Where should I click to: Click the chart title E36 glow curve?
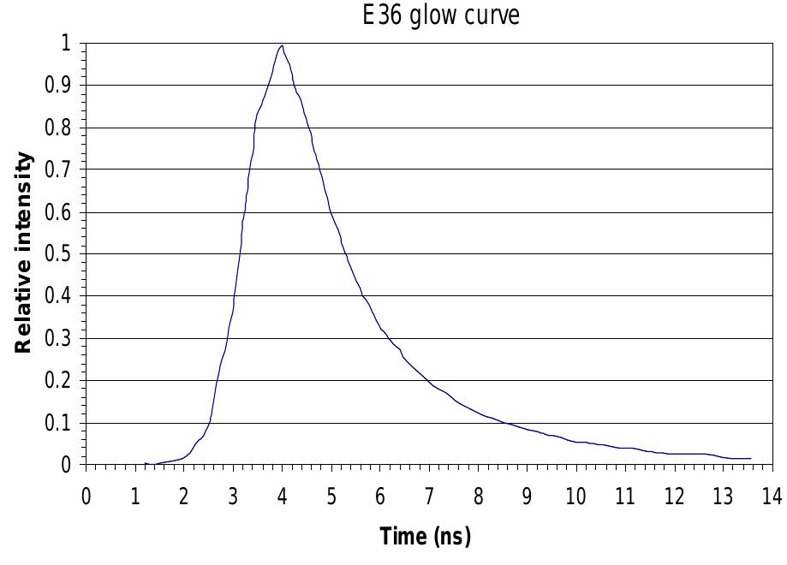pos(441,15)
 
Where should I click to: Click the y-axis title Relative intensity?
pos(25,253)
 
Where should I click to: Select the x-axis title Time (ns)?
pos(425,537)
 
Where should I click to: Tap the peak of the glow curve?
pos(281,45)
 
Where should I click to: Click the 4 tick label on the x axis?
pos(282,497)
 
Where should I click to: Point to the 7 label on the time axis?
pos(428,497)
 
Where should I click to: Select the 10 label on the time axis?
pos(575,497)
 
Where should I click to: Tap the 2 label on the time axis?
pos(184,497)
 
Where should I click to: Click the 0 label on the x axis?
pos(86,497)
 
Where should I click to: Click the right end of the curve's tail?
pos(750,459)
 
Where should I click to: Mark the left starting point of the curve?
pos(146,464)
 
